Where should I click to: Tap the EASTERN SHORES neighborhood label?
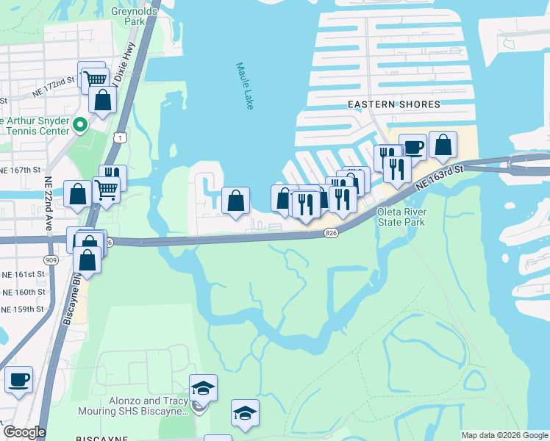coord(393,105)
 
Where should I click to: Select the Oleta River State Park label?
coord(401,217)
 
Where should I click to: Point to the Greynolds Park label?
coord(128,16)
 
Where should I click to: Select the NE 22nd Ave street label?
coord(48,204)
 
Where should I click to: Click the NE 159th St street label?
coord(22,309)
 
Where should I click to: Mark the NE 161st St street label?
coord(22,273)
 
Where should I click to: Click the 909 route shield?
coord(51,259)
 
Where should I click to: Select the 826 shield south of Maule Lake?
coord(332,233)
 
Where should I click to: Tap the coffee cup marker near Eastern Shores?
coord(413,146)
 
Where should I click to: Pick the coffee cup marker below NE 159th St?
coord(18,379)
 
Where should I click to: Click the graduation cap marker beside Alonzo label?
coord(203,387)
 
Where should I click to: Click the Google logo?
coord(24,432)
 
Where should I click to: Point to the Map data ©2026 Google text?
coord(504,435)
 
